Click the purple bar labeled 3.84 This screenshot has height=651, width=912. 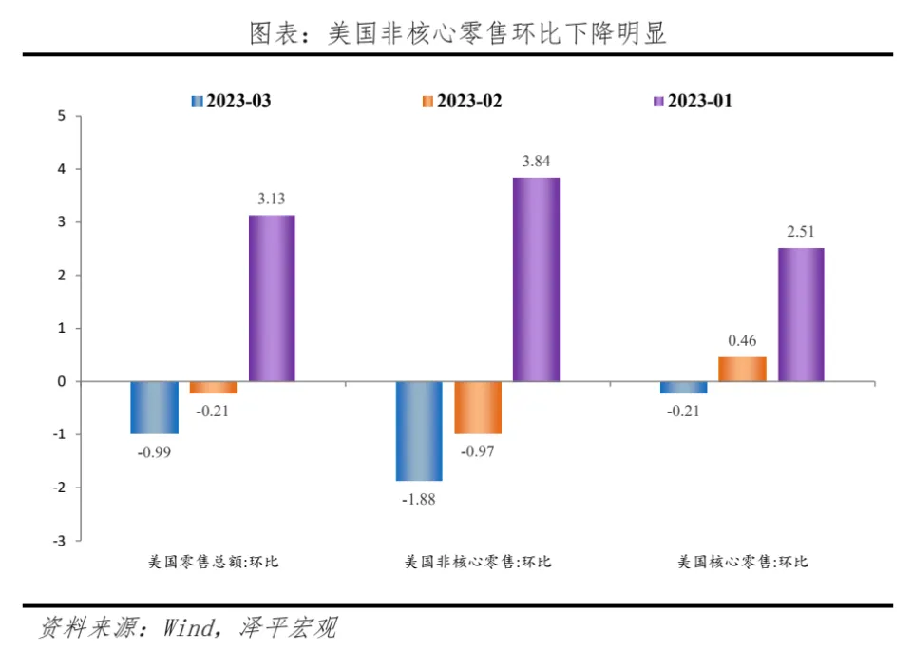tap(536, 279)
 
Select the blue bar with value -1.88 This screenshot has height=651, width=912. tap(419, 431)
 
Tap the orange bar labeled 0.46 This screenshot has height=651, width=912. tap(742, 369)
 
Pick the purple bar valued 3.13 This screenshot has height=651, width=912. tap(272, 298)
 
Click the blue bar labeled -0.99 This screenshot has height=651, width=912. tap(154, 407)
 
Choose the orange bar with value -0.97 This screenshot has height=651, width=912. tap(478, 407)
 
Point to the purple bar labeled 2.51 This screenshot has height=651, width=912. tap(801, 315)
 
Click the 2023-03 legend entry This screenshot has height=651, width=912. tap(232, 101)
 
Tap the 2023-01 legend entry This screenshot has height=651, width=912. tap(693, 101)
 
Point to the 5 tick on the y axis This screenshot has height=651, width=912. tap(62, 117)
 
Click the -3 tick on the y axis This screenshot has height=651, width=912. tap(59, 541)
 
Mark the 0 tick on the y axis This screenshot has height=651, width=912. tap(62, 382)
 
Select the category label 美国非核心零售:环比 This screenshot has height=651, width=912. tap(478, 562)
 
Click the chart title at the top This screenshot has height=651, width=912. tap(457, 33)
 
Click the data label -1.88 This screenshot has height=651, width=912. tap(418, 500)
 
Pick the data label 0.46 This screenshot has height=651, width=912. tap(741, 340)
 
